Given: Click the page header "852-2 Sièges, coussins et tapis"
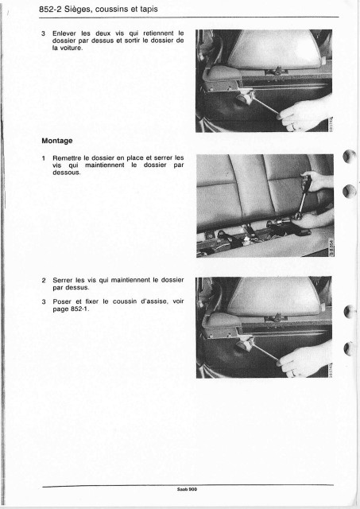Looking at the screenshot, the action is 99,9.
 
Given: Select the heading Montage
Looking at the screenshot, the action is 57,141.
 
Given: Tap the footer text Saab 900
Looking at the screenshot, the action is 187,489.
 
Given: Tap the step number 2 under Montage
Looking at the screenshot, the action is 44,280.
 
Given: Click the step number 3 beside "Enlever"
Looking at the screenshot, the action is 43,33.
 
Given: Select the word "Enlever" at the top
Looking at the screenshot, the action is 64,33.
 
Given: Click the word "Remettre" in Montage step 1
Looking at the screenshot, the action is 67,157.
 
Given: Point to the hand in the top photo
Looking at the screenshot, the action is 304,114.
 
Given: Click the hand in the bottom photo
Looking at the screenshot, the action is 304,359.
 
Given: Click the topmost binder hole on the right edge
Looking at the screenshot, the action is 350,157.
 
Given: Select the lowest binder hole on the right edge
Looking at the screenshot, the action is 349,348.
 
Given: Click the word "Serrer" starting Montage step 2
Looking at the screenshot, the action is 64,280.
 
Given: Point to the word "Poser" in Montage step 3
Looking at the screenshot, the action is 62,301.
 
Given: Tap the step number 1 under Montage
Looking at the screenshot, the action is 44,158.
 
